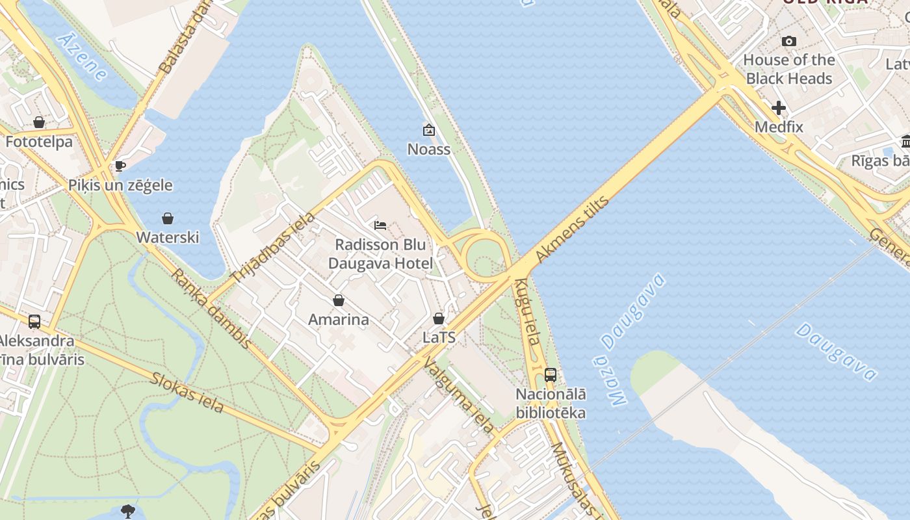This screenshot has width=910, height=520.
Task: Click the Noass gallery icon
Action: (428, 130)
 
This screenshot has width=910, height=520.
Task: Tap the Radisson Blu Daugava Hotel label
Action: (380, 254)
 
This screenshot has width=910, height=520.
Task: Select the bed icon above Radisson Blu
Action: (380, 226)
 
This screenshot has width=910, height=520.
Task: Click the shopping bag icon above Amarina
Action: (338, 300)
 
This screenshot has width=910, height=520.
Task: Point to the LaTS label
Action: (439, 338)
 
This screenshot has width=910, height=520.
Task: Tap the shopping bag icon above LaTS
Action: (439, 318)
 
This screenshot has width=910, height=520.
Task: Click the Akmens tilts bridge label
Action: (573, 229)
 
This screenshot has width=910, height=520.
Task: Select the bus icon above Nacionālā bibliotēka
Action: (551, 374)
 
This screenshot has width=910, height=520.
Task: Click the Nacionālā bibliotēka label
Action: (551, 403)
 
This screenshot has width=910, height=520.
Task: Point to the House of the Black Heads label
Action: (789, 69)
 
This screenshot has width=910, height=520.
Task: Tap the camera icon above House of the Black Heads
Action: (789, 42)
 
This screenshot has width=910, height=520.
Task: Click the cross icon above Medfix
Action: (779, 108)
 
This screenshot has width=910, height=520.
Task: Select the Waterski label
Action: (168, 237)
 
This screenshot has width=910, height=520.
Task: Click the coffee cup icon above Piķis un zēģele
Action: (120, 166)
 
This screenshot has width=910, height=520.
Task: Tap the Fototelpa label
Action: (39, 142)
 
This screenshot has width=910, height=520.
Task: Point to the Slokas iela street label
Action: (187, 392)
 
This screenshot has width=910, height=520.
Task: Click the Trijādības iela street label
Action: (273, 248)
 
